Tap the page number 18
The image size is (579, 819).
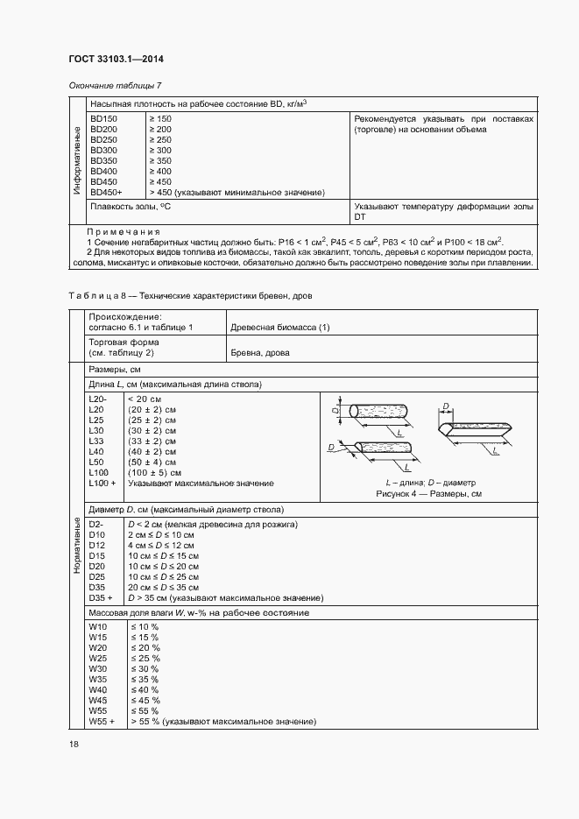pyautogui.click(x=73, y=744)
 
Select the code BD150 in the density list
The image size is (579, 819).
pyautogui.click(x=103, y=118)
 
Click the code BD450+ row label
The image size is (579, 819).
pyautogui.click(x=106, y=191)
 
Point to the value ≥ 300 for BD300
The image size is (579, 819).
pyautogui.click(x=160, y=150)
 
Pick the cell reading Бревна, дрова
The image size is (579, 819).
pyautogui.click(x=259, y=352)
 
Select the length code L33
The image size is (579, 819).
pyautogui.click(x=96, y=441)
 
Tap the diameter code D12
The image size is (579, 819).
pyautogui.click(x=96, y=546)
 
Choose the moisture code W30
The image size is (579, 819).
pyautogui.click(x=96, y=669)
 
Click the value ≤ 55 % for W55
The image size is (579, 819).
pyautogui.click(x=145, y=711)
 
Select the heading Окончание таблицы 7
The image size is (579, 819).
pyautogui.click(x=115, y=85)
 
